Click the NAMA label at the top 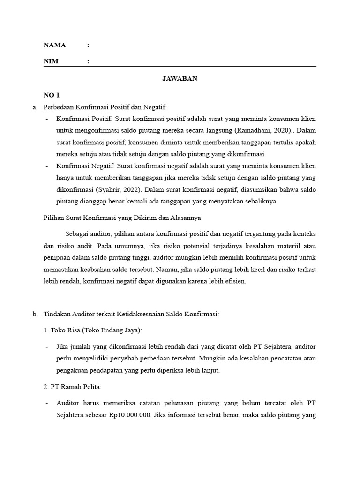(54, 45)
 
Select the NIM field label (51, 61)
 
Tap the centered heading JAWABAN (180, 78)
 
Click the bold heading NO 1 (52, 95)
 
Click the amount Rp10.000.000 (130, 415)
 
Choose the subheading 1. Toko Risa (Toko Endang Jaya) (92, 330)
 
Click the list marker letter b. (35, 315)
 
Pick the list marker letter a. (35, 107)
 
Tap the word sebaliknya (261, 201)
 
